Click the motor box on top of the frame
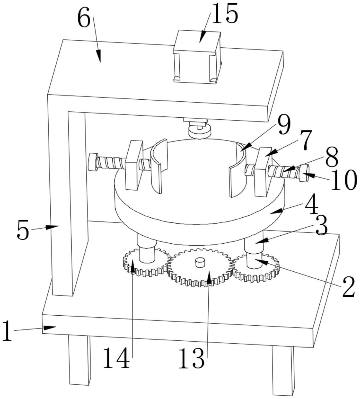pos(197,56)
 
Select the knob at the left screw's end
pos(93,162)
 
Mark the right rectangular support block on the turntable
pos(263,172)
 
